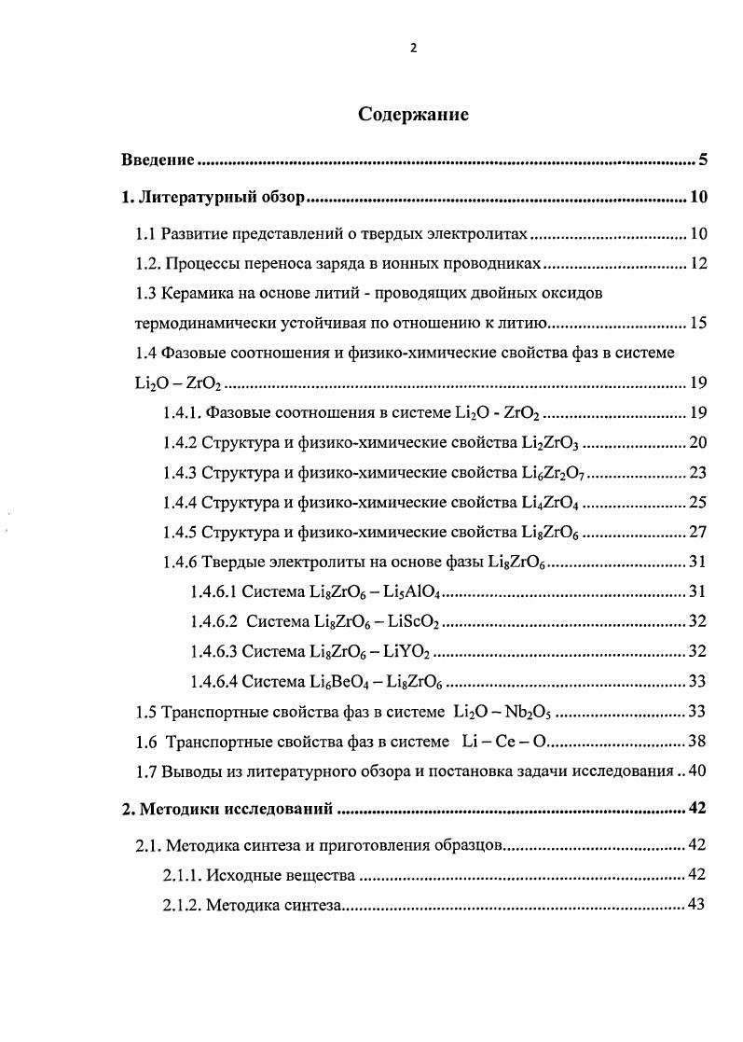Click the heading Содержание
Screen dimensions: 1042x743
point(413,115)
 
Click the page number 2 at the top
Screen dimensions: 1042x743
point(413,49)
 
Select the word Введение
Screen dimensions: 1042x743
point(158,160)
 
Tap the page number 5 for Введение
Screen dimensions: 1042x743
point(703,160)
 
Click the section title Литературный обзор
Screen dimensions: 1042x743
point(223,197)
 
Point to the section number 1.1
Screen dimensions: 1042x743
point(145,233)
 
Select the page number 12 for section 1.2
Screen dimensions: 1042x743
point(697,264)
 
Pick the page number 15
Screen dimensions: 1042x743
point(697,324)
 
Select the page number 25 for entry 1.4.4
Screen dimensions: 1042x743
point(697,504)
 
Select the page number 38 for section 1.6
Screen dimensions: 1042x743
point(697,742)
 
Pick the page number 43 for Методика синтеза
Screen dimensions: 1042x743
point(697,904)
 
